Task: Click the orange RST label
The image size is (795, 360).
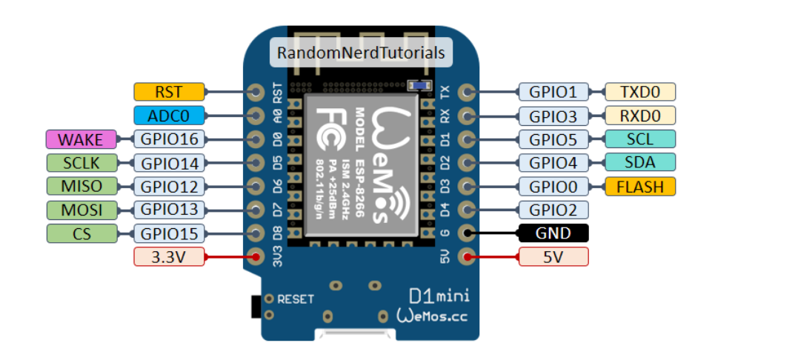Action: tap(169, 92)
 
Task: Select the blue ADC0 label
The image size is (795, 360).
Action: tap(169, 116)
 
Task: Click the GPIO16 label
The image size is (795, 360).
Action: tap(168, 139)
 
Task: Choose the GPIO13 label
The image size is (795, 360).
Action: tap(168, 210)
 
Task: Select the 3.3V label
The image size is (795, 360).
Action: tap(168, 257)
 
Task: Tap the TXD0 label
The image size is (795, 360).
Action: tap(641, 92)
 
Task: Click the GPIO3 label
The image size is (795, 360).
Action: tap(553, 116)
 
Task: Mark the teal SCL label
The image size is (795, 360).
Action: tap(641, 139)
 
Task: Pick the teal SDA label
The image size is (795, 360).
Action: tap(641, 162)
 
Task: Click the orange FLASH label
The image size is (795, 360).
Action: tap(641, 186)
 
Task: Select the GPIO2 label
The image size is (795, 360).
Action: tap(553, 210)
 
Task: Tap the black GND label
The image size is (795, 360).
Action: tap(553, 233)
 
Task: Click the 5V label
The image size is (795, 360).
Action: tap(553, 257)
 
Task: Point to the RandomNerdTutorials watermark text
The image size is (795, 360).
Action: tap(361, 53)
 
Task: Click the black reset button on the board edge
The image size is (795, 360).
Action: tap(256, 304)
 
